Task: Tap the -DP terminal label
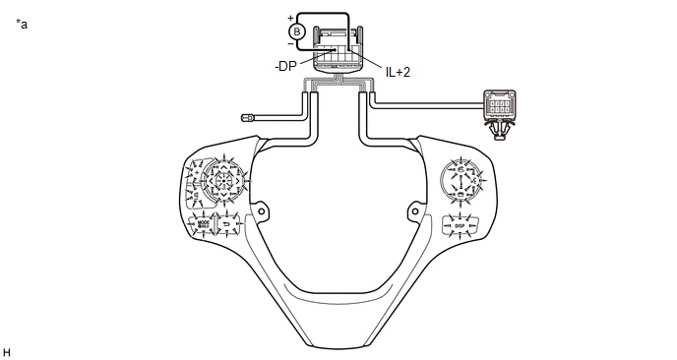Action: coord(284,66)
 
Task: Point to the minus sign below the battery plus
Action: coord(290,43)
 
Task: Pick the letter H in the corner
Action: coord(7,351)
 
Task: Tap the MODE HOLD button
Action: coord(204,224)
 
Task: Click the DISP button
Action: coord(459,224)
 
